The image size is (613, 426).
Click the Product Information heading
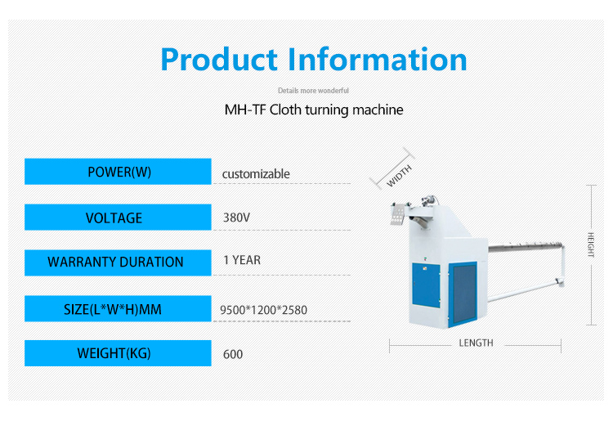point(314,60)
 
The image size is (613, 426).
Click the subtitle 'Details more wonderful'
point(313,91)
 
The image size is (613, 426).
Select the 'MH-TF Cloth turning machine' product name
point(314,110)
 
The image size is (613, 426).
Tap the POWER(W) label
point(119,172)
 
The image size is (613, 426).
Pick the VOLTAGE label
point(114,217)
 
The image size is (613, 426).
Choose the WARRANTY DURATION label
point(115,262)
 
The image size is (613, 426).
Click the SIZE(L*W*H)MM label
point(113,309)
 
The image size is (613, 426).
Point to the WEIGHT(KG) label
point(114,353)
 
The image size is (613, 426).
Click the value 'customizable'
point(256,173)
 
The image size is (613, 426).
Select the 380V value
point(236,217)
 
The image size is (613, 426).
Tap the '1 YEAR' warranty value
point(242,260)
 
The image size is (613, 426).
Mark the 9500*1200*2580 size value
point(263,310)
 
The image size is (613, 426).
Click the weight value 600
point(233,354)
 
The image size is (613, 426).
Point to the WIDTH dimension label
point(399,176)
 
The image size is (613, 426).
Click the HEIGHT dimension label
point(591,244)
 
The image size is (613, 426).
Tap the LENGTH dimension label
point(476,343)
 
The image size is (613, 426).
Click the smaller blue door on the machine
point(426,285)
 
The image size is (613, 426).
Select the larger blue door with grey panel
point(463,294)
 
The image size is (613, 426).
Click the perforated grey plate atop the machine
point(397,215)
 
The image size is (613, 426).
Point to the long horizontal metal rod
point(525,246)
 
